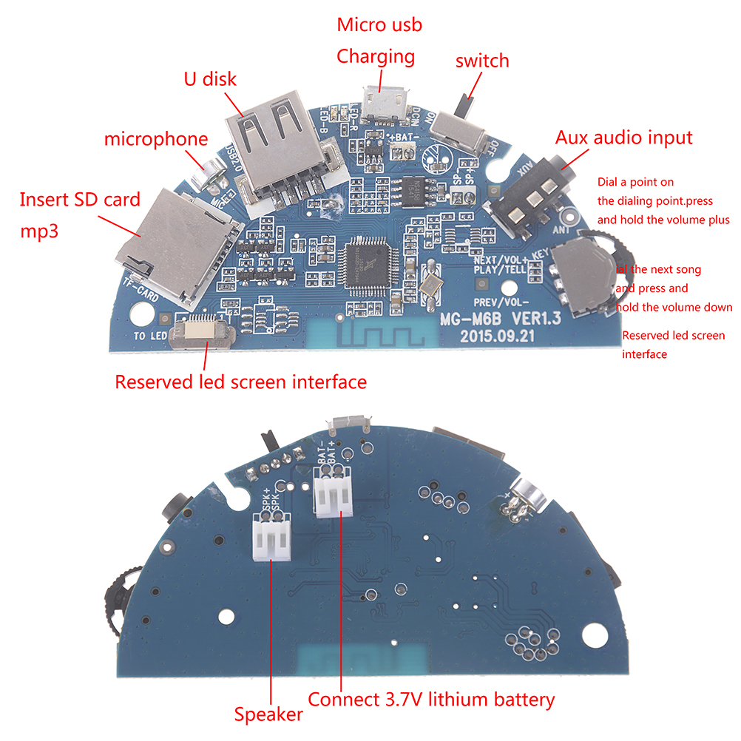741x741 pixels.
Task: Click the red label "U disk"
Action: [x=210, y=78]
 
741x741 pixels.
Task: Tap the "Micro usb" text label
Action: [x=379, y=24]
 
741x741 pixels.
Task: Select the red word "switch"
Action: [x=482, y=60]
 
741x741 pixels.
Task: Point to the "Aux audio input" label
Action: [x=623, y=137]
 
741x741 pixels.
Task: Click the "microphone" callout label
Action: [x=156, y=138]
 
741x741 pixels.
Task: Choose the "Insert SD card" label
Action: [x=79, y=199]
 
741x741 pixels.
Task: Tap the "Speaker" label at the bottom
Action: [x=268, y=714]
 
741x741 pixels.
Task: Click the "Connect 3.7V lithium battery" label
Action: [x=431, y=699]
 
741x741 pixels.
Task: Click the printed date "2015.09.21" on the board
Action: [x=495, y=335]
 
